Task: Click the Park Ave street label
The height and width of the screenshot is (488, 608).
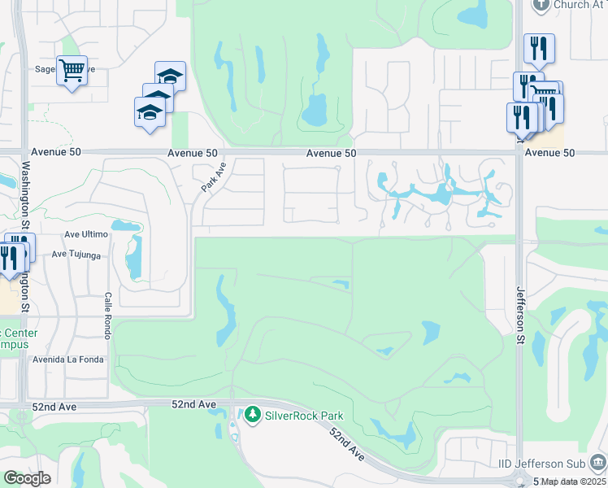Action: point(213,176)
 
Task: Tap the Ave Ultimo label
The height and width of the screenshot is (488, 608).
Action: point(86,234)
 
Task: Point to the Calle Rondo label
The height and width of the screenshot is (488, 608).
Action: point(106,316)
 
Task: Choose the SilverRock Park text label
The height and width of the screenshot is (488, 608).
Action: point(304,416)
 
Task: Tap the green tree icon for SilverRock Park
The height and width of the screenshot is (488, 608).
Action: point(253,416)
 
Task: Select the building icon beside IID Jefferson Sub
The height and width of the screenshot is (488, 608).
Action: point(597,464)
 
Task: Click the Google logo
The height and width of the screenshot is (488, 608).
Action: point(27,478)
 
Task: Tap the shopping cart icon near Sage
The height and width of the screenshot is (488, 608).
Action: point(72,71)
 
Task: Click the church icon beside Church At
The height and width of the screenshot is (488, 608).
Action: point(541,5)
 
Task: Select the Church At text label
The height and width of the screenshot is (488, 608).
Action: point(583,5)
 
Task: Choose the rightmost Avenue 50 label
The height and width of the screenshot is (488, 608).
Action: point(549,153)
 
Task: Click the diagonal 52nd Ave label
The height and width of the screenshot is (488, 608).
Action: point(349,447)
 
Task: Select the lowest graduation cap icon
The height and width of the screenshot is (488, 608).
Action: point(150,111)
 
